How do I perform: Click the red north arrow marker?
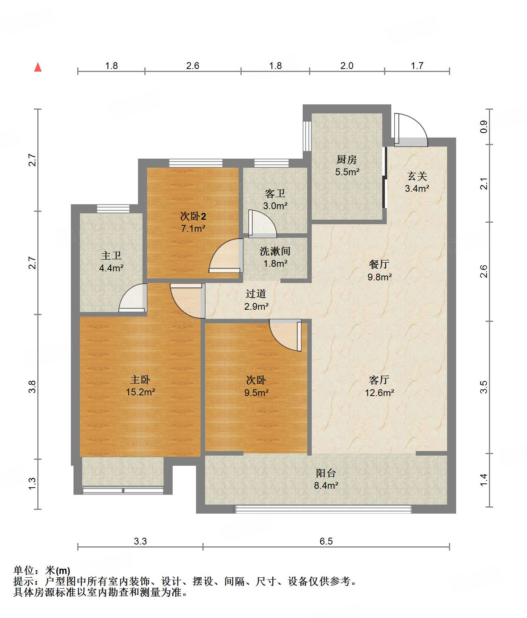tap(38, 67)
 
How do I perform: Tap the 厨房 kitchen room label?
tap(346, 160)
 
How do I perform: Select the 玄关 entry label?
tap(417, 176)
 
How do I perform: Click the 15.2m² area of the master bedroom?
tap(141, 392)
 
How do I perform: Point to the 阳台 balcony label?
tap(326, 473)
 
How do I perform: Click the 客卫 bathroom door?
tap(262, 224)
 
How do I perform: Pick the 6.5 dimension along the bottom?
tap(326, 542)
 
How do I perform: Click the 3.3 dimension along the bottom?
tap(140, 542)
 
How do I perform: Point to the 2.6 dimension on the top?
tap(193, 66)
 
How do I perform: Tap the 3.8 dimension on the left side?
tap(32, 387)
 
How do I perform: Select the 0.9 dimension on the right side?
tap(484, 127)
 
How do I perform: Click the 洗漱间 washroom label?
tap(275, 251)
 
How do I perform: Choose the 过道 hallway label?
tap(256, 294)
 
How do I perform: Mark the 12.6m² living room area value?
tap(380, 393)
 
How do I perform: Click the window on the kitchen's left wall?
tap(307, 136)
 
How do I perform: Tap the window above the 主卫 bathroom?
tap(113, 208)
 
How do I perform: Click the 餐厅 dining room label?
tap(379, 265)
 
